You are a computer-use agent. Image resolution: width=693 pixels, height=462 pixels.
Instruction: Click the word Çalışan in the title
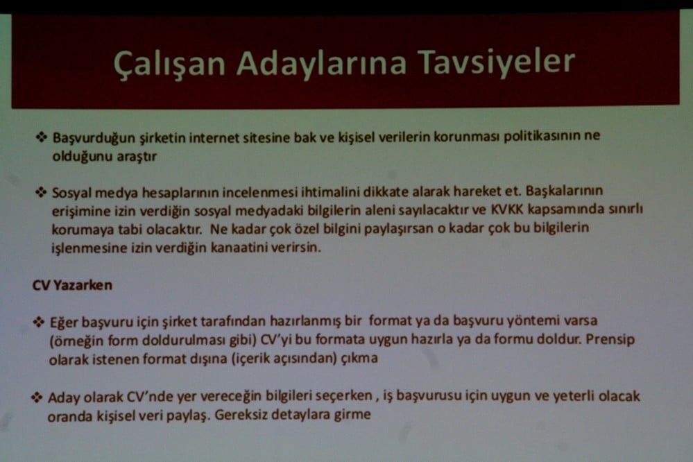169,63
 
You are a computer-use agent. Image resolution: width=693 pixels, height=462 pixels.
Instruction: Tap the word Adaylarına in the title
320,63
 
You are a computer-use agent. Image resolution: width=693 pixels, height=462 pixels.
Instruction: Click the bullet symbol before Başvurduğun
41,137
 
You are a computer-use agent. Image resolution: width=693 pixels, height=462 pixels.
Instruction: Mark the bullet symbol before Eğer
39,323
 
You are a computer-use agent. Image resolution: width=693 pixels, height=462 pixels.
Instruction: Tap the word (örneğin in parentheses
74,341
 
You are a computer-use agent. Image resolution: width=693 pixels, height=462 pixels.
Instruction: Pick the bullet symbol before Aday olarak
36,397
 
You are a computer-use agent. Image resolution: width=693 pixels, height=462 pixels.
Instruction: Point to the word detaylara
305,416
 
